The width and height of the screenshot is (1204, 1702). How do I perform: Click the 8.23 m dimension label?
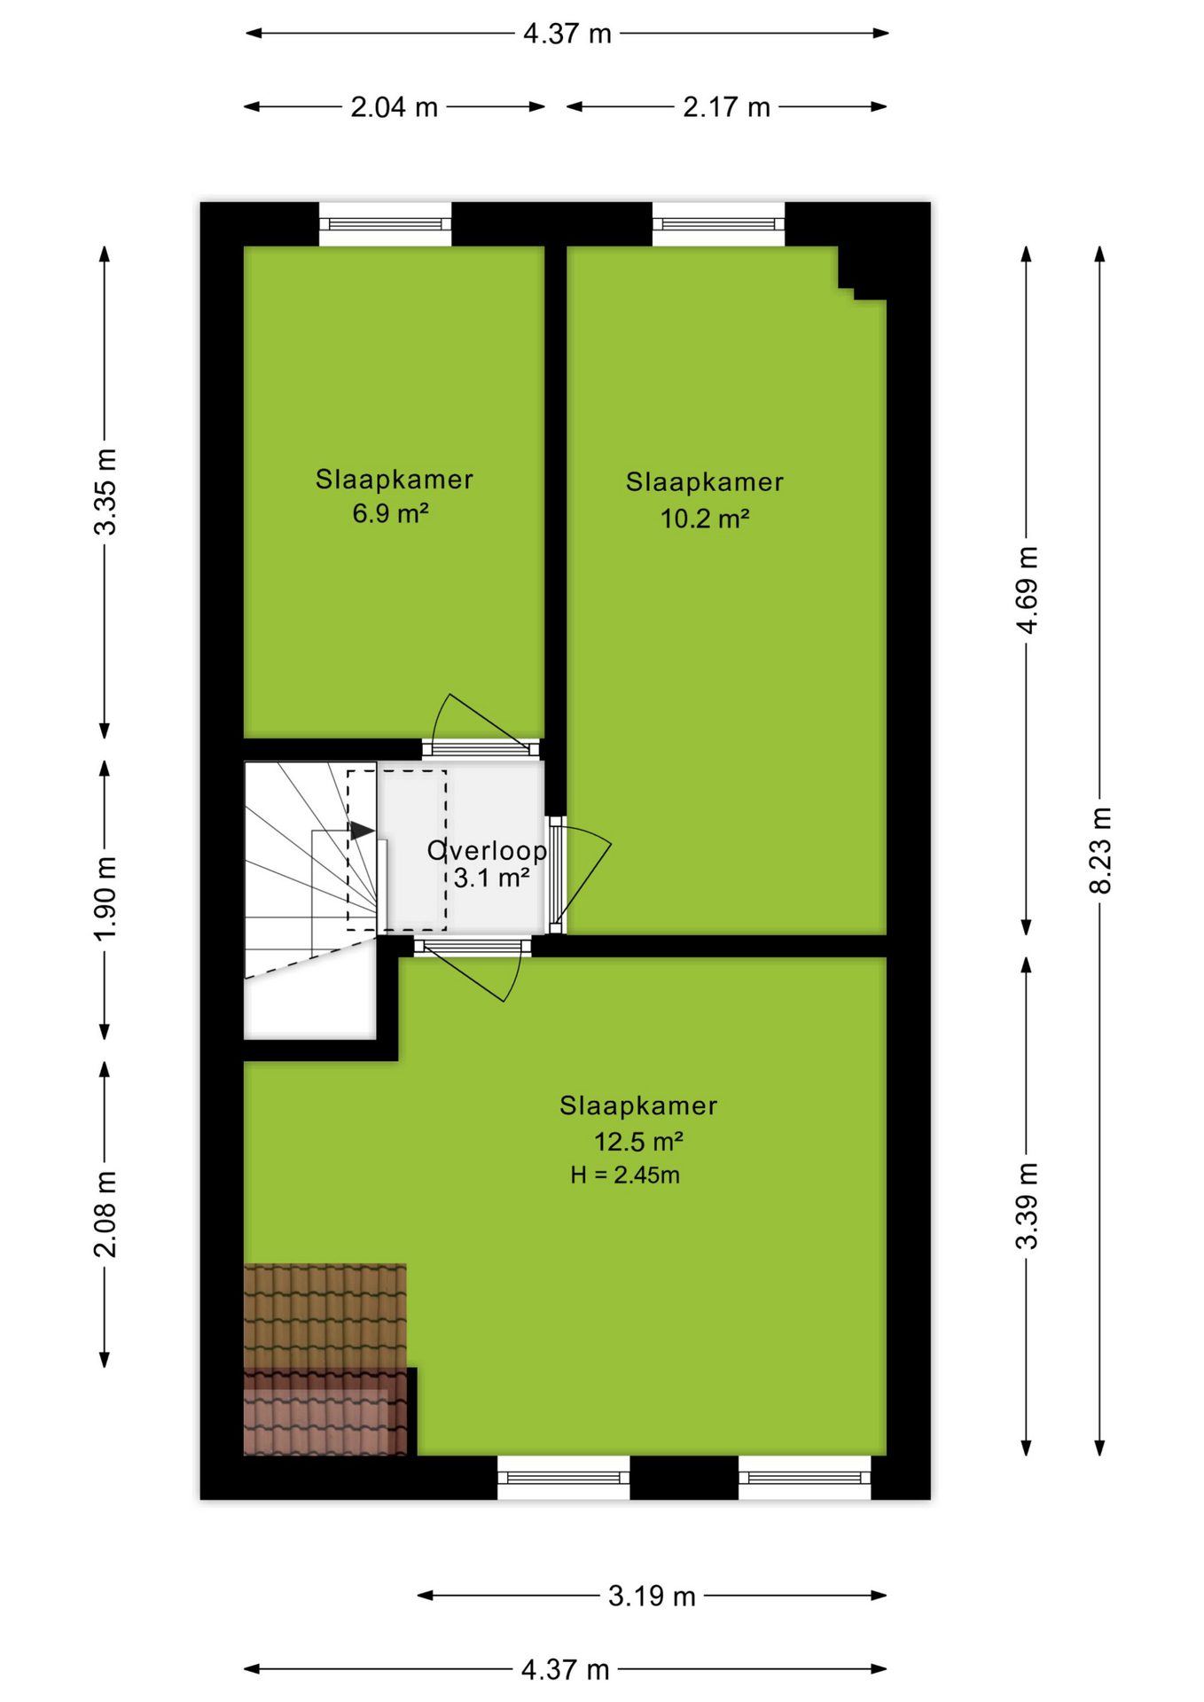click(x=1099, y=850)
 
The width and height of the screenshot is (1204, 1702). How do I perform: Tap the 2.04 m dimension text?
click(x=394, y=107)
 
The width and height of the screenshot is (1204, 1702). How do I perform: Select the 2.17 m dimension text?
click(x=726, y=107)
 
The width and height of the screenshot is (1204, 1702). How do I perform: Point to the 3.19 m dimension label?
click(x=652, y=1596)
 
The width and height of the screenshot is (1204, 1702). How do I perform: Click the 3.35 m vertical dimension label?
click(x=106, y=492)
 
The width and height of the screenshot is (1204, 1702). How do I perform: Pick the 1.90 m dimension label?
click(x=106, y=899)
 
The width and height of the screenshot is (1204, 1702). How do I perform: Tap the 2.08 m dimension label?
click(x=106, y=1214)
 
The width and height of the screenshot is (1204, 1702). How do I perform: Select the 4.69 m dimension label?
click(x=1027, y=590)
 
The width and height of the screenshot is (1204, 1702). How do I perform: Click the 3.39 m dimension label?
click(x=1027, y=1206)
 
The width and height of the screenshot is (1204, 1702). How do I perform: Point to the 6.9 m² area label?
click(x=391, y=513)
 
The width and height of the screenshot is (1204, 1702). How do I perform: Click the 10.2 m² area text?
click(x=705, y=518)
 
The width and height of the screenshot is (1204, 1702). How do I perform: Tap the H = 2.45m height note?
click(x=625, y=1175)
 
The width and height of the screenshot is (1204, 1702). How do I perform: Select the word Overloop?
click(x=487, y=850)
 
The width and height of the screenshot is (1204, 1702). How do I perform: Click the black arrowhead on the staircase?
click(x=362, y=831)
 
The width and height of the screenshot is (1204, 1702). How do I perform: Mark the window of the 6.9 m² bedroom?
click(x=385, y=224)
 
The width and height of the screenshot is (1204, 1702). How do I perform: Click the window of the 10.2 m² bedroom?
click(x=718, y=224)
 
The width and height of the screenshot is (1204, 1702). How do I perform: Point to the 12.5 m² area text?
click(x=638, y=1141)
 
